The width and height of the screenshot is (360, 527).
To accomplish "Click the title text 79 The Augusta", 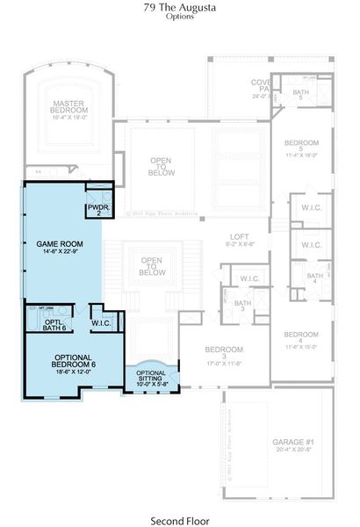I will coord(179,7).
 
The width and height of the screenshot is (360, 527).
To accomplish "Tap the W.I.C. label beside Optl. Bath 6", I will coord(101,323).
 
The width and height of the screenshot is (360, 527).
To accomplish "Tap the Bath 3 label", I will coord(242,306).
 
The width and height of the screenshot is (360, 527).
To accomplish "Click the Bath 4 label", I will coord(313,278).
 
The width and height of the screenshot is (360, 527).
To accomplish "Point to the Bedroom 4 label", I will coord(301,337).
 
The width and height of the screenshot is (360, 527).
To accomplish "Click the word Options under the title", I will coord(179,17).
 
